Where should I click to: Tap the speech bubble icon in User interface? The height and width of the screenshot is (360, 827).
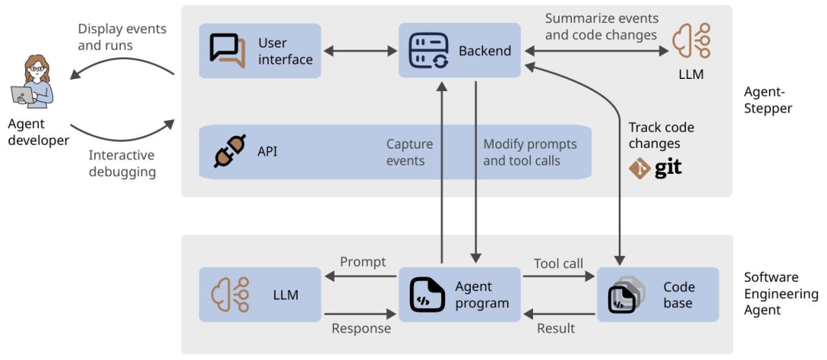[227, 51]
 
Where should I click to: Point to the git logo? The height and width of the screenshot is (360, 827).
[655, 169]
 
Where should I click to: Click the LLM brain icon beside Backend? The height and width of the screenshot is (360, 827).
[691, 41]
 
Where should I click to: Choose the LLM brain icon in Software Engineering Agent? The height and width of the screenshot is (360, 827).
[230, 295]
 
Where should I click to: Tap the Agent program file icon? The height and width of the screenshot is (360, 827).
[427, 295]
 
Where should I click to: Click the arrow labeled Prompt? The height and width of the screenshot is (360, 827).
[359, 276]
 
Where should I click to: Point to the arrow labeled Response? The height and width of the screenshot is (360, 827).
[359, 314]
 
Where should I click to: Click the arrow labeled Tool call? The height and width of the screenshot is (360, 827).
[559, 276]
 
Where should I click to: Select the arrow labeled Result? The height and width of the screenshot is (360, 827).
[559, 314]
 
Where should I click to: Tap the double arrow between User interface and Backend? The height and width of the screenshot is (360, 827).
[360, 51]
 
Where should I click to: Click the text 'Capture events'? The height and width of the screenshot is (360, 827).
[409, 152]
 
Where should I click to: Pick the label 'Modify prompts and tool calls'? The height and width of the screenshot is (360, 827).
[530, 152]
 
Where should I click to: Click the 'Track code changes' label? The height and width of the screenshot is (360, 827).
[661, 135]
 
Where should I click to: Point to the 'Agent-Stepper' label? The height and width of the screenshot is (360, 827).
[768, 100]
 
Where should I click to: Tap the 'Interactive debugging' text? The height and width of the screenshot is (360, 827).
[122, 164]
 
